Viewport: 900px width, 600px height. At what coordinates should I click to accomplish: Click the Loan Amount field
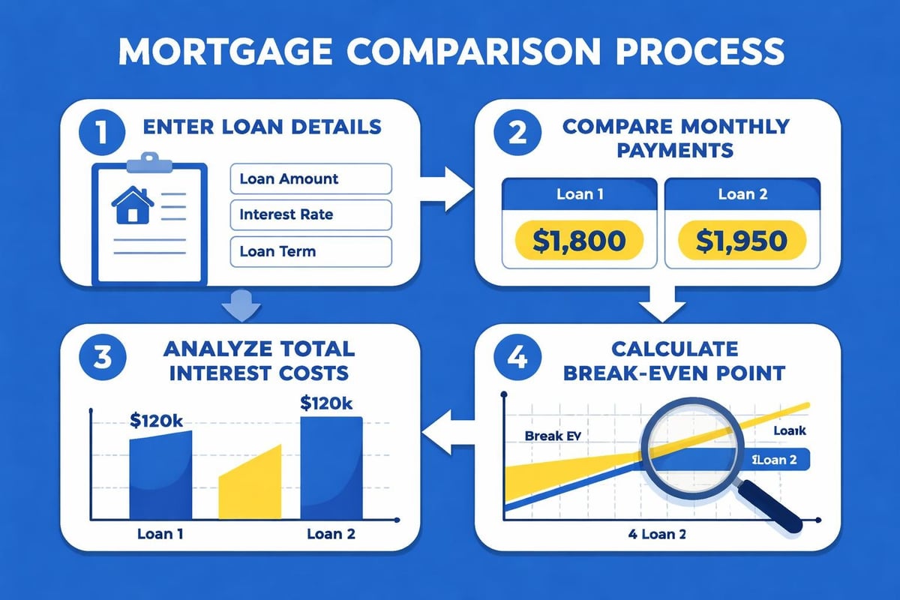click(x=310, y=179)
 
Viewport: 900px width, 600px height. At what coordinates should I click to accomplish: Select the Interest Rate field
click(x=310, y=214)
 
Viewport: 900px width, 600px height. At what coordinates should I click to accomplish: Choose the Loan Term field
click(x=310, y=251)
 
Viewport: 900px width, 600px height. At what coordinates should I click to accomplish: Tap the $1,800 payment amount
click(x=577, y=241)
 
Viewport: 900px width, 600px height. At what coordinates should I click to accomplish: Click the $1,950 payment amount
click(x=741, y=241)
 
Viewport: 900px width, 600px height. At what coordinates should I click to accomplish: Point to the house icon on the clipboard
click(x=132, y=205)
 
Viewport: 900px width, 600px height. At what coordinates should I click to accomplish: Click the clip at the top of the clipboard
click(x=148, y=161)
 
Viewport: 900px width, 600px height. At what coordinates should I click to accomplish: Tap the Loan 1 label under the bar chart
click(x=160, y=535)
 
